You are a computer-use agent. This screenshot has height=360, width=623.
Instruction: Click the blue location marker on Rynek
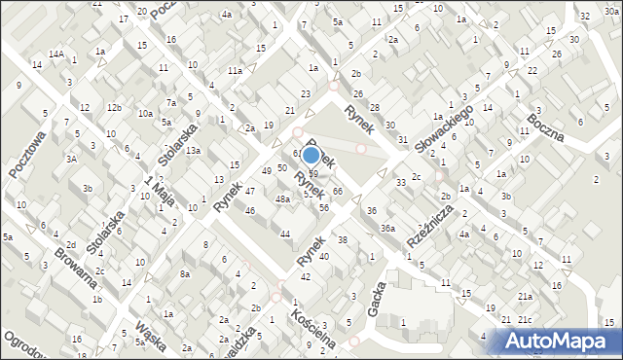[311, 154]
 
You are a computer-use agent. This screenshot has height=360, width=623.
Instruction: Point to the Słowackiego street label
[444, 127]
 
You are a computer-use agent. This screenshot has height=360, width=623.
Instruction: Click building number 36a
[387, 228]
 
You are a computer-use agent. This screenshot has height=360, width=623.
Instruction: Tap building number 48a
[282, 199]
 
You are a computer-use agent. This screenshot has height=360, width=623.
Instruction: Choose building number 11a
[236, 71]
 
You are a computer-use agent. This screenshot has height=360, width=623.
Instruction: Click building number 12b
[114, 107]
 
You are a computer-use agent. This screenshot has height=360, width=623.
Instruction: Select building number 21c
[526, 320]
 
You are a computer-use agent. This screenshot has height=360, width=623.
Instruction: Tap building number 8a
[184, 274]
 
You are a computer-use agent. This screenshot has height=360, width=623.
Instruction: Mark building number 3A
[71, 158]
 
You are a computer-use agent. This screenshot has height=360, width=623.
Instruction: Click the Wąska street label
[152, 333]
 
